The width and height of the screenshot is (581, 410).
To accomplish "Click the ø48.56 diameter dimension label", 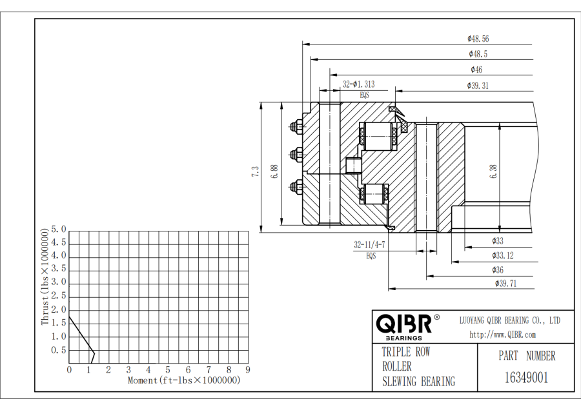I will tap(478, 39).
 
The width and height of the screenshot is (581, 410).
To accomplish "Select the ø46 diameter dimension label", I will tap(476, 70).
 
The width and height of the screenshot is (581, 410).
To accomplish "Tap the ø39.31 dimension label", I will tap(478, 86).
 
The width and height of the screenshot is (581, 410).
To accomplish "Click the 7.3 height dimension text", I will tap(256, 171).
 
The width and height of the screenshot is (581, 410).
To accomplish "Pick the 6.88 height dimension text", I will tap(274, 171).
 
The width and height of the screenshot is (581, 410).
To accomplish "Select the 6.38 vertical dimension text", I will tap(494, 171).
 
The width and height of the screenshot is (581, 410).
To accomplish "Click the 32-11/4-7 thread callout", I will tap(369, 245).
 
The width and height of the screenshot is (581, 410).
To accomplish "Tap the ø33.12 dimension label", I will tap(502, 255).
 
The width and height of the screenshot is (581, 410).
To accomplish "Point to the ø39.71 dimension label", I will tap(505, 284).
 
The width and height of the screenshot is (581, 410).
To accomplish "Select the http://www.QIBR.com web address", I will tap(502, 335).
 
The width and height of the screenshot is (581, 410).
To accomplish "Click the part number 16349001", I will tap(526, 378).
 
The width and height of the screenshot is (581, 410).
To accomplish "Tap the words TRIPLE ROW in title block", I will tap(405, 353).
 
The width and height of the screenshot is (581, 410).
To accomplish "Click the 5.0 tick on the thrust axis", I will tap(59, 229).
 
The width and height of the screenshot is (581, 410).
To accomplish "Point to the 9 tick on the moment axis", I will tap(248, 370).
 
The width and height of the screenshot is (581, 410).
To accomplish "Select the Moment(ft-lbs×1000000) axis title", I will tap(184, 380).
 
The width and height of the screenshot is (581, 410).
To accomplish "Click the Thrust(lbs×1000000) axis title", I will tap(45, 276).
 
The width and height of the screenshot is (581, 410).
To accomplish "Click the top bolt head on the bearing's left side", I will tap(298, 126).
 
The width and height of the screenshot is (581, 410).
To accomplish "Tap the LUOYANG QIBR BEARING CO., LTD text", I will tap(509, 320).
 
